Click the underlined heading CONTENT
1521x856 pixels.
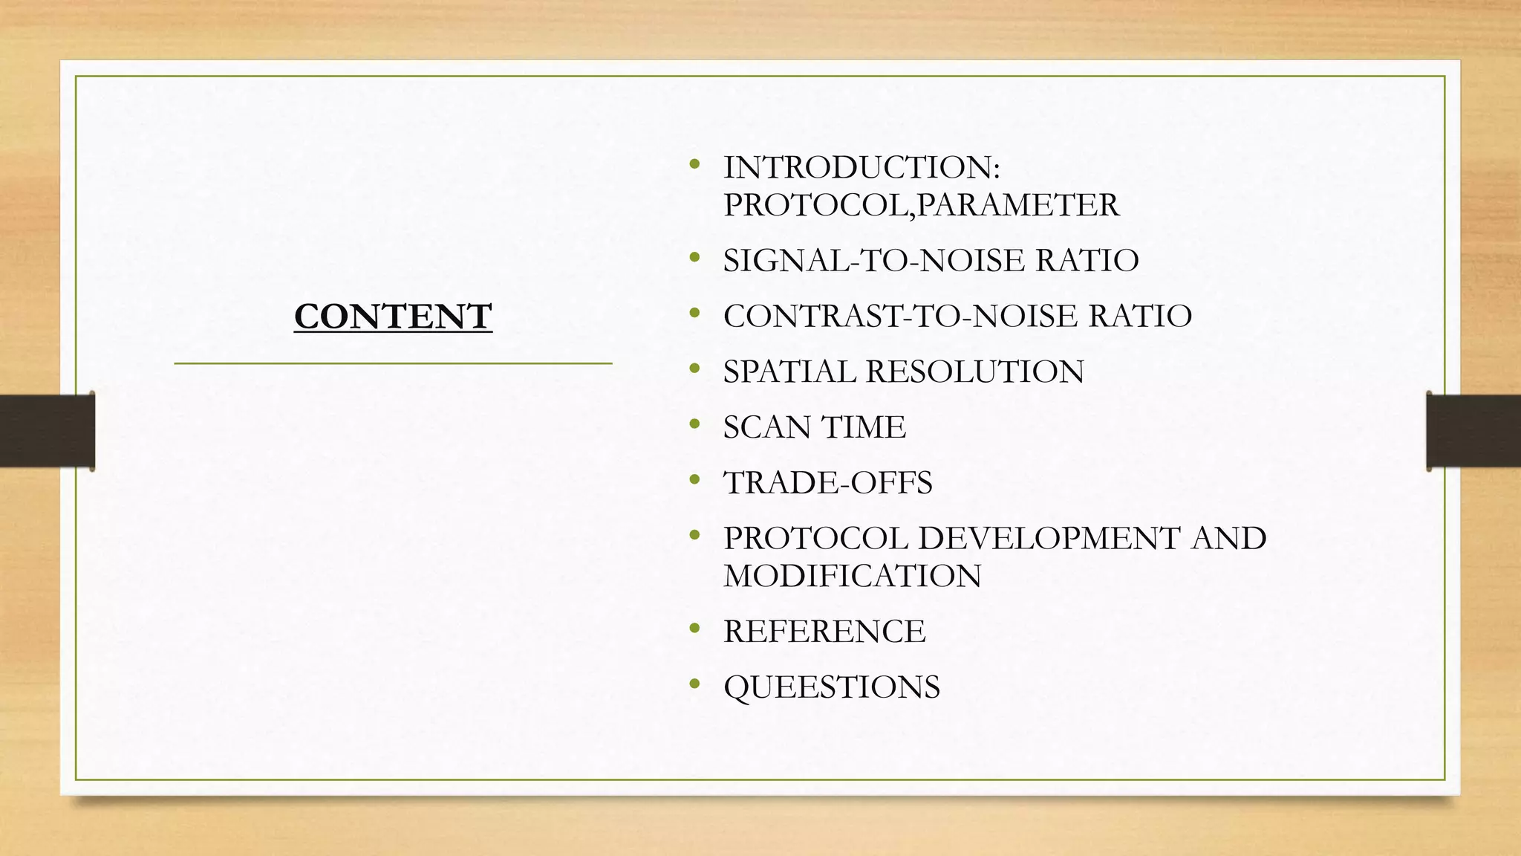(393, 317)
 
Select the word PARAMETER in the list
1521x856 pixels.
(1017, 205)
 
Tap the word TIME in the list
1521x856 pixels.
(864, 427)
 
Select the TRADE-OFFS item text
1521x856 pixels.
(828, 483)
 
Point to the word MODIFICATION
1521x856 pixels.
(853, 577)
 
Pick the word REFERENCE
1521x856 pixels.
(824, 632)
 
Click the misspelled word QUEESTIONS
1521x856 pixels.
(832, 687)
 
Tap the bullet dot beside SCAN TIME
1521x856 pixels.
(694, 424)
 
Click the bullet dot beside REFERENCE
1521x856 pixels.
(694, 629)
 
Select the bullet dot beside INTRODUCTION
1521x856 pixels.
(694, 164)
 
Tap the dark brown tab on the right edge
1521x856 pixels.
(1473, 431)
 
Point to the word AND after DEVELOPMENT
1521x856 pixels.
(1229, 539)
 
